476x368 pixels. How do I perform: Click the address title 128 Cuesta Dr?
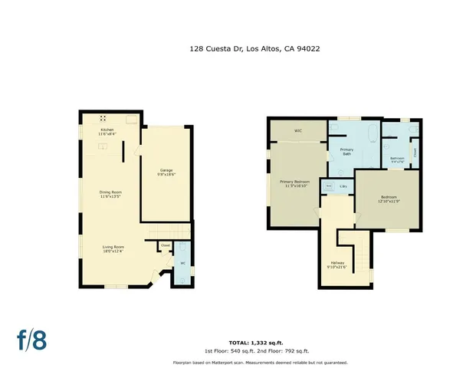254,48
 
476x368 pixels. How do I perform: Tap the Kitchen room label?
107,132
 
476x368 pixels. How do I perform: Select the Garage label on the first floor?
166,172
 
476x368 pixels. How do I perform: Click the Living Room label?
113,248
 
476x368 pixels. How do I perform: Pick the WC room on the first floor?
182,264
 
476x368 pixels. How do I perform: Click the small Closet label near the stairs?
165,245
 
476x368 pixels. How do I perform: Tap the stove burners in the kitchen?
103,118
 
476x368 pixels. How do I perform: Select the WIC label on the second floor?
297,131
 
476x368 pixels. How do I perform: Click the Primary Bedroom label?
295,184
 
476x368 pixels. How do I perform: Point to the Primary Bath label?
346,152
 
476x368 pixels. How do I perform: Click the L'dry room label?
343,186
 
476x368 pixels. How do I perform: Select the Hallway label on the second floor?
337,264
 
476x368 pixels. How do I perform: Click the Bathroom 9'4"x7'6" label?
398,160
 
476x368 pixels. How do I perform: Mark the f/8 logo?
31,338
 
